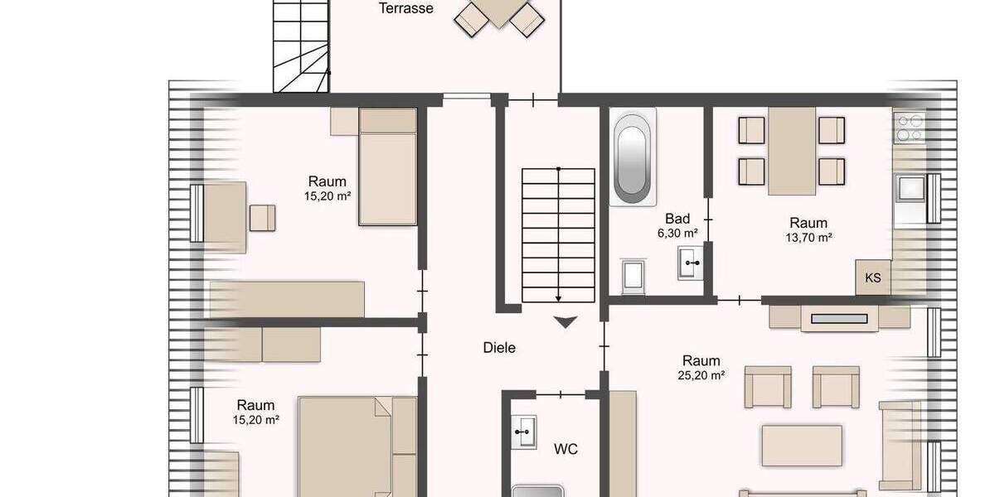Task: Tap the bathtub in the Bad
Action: coord(633,158)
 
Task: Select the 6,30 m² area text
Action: coord(677,234)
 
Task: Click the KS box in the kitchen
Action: coord(873,277)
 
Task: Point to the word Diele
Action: coord(499,348)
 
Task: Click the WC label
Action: coord(565,450)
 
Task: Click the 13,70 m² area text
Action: coord(808,237)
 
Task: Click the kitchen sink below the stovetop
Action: coord(910,189)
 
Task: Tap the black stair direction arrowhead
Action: coord(565,322)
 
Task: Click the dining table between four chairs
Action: coord(792,152)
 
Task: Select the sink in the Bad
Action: coord(691,263)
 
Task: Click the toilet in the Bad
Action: coord(634,276)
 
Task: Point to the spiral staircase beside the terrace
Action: coord(300,46)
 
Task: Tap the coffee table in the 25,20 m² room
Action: coord(802,446)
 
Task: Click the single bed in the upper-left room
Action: coord(387,166)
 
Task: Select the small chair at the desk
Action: coord(263,217)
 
